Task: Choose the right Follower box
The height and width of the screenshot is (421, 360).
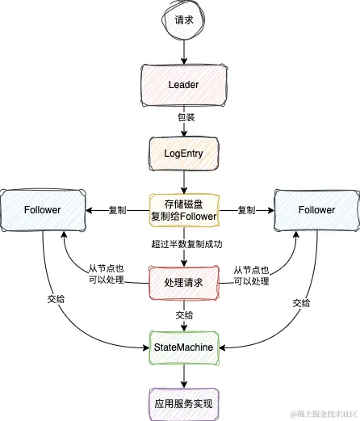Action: (316, 209)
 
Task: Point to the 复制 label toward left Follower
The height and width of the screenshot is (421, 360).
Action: (117, 210)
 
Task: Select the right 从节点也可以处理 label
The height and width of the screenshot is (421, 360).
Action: (250, 275)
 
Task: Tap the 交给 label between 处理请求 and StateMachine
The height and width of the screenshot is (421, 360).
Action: (184, 315)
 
